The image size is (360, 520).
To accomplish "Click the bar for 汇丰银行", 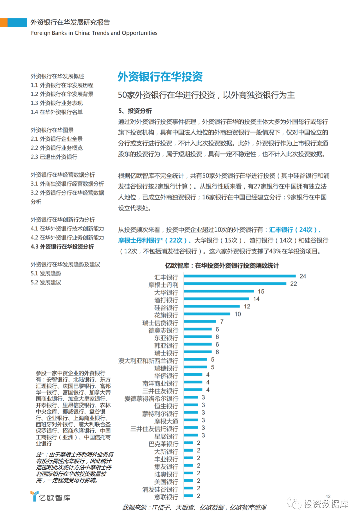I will [x=240, y=276].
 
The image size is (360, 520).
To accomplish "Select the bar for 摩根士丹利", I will [x=235, y=284].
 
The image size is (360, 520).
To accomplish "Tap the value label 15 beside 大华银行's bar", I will [x=261, y=292].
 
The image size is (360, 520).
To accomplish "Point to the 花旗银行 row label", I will [x=166, y=315].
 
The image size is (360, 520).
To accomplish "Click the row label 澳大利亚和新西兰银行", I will [x=148, y=361].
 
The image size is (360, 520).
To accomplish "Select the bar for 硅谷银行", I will [x=212, y=307].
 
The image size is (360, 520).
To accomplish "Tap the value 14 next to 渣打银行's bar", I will [x=256, y=299].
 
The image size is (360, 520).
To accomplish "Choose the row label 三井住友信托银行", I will [x=154, y=429].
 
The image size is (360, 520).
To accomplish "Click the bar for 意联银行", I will [x=188, y=496].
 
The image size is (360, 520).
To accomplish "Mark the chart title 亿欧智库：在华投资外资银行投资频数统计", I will [x=222, y=266].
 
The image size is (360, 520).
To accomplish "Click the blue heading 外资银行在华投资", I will [x=160, y=77].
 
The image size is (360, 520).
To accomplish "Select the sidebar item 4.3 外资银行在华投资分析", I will [x=62, y=247].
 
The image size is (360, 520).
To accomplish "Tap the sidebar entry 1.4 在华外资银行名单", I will [x=57, y=112].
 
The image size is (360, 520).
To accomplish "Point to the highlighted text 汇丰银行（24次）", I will [x=293, y=230].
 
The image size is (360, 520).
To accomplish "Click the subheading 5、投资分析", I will [x=135, y=111].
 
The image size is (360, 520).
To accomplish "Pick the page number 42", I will [x=328, y=496].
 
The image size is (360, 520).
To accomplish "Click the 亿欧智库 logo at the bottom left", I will [x=50, y=497].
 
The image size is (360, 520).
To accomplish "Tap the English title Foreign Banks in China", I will [x=94, y=33].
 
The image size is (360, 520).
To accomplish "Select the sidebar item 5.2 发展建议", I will [x=46, y=283].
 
